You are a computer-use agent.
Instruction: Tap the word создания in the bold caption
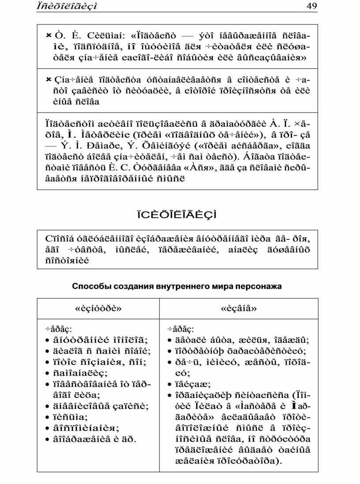point(132,286)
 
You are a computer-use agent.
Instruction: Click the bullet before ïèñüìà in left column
point(48,417)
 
